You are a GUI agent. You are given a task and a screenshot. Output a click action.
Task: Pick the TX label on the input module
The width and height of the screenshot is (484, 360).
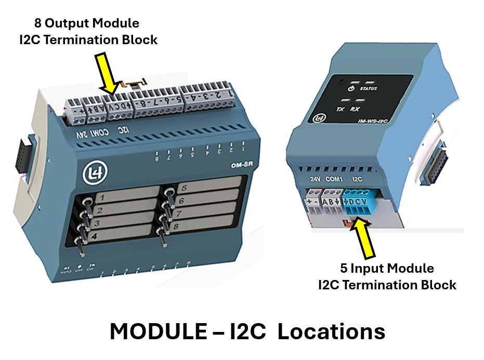(x=341, y=110)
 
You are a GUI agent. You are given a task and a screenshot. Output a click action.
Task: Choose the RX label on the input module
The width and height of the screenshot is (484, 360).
(x=356, y=110)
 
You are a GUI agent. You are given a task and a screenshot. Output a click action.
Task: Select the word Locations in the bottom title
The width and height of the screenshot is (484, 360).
(x=331, y=332)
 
